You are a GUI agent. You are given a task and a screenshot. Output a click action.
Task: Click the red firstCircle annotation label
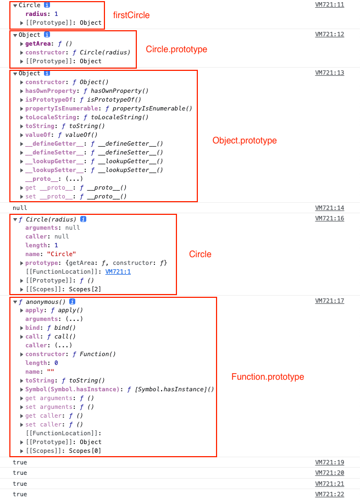pos(131,15)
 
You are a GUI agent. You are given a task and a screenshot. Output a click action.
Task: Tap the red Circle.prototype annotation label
pos(176,49)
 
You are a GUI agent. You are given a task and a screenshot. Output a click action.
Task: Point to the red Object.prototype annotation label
pos(245,141)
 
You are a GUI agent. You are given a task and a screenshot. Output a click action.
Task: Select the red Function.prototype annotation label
pos(268,377)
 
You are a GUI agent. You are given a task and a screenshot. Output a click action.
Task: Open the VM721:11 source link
pos(329,5)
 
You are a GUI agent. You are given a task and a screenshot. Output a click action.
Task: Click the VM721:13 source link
pos(329,73)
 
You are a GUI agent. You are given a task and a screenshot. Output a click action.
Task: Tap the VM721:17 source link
pos(329,301)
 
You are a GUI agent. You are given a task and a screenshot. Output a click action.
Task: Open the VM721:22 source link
pos(329,495)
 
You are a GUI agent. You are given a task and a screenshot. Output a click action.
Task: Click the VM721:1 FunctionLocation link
pos(118,271)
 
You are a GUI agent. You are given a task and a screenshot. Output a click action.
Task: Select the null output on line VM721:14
pos(20,208)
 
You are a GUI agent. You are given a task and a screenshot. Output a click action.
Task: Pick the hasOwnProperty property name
pos(50,91)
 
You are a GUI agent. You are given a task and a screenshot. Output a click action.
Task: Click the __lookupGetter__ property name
pos(52,162)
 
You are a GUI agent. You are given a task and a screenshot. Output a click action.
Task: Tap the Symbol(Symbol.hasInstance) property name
pos(72,390)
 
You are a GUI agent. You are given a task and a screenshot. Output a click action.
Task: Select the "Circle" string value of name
pos(62,254)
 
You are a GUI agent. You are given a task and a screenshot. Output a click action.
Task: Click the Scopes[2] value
pos(85,290)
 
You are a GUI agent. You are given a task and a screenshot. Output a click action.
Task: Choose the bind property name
pos(32,328)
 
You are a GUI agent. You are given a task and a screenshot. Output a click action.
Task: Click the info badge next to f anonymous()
pos(72,302)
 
